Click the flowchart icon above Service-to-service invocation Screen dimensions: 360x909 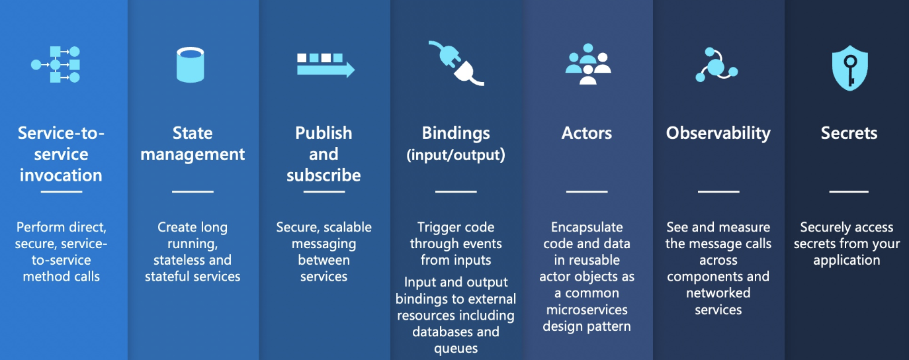(x=56, y=65)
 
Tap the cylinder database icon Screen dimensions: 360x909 (x=190, y=65)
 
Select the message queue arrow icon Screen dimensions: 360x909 (x=325, y=65)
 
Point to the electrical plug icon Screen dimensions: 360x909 (x=456, y=64)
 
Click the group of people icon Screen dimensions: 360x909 (x=587, y=66)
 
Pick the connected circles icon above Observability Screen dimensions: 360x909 (x=716, y=65)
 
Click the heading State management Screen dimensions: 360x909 (x=193, y=144)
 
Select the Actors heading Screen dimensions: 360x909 (x=587, y=133)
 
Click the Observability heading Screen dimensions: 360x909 (x=718, y=133)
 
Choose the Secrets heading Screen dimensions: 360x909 (x=849, y=133)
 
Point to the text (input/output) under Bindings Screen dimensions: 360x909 (x=456, y=156)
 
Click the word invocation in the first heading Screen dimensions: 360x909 (x=61, y=175)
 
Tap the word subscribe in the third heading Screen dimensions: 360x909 (x=324, y=175)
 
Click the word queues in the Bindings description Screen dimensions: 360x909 (x=456, y=349)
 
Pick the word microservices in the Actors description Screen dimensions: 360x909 (x=586, y=310)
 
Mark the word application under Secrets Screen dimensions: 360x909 (x=847, y=260)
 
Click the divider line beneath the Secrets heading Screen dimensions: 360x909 (x=849, y=191)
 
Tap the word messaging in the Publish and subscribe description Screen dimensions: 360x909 (x=324, y=244)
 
